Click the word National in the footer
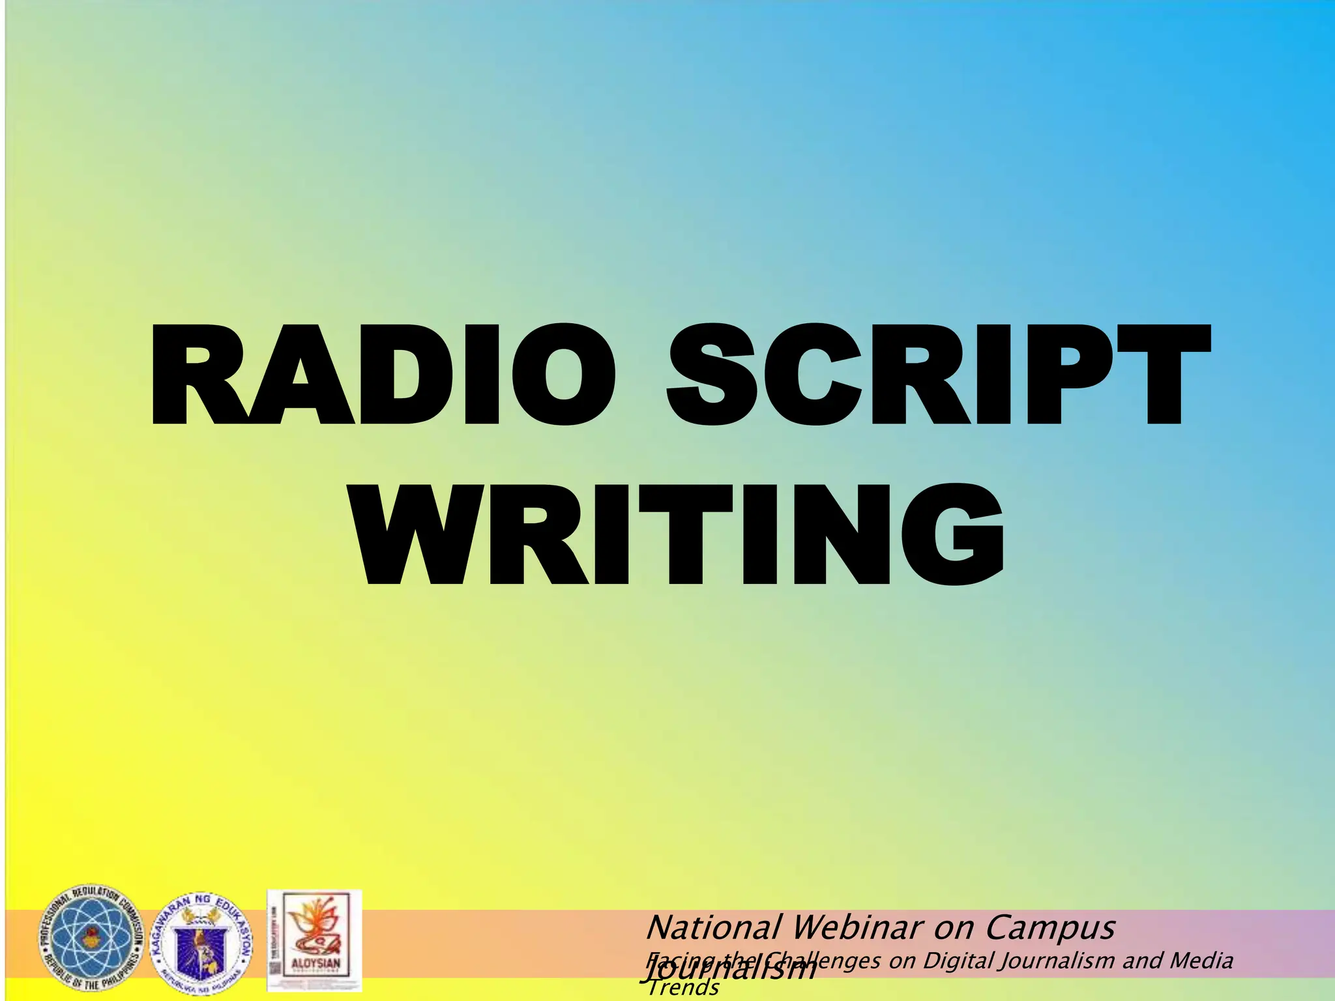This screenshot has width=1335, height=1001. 713,927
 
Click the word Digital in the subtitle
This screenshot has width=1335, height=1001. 961,961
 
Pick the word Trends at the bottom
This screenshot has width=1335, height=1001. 683,988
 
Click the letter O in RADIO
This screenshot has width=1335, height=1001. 563,374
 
